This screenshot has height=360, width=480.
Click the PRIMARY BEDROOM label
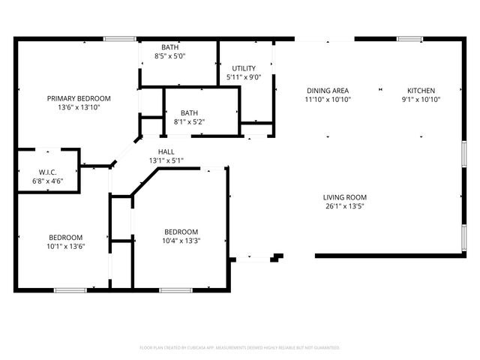pos(79,98)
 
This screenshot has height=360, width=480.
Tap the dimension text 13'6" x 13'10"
pos(79,107)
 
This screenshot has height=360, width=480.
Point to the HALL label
pos(166,151)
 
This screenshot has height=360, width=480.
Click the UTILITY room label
pos(244,68)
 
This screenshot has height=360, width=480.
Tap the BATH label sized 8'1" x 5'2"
pos(189,112)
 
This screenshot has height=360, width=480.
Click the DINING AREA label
pos(328,89)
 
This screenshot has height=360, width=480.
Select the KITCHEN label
pos(421,89)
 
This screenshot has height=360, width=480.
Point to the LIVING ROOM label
pos(345,197)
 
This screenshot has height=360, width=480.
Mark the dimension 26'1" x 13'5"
pos(345,206)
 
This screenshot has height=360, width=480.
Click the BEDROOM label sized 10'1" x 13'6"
pos(66,237)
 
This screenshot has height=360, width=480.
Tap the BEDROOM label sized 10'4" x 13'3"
pos(181,231)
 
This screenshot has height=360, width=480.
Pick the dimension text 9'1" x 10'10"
pos(421,99)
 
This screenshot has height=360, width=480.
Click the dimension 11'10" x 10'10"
pos(328,99)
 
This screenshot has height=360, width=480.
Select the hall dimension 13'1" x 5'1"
pos(166,160)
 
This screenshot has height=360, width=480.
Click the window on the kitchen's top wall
pos(409,38)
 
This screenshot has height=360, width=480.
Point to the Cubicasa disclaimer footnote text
pos(240,347)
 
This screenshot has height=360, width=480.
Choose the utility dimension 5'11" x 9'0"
pos(244,77)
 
